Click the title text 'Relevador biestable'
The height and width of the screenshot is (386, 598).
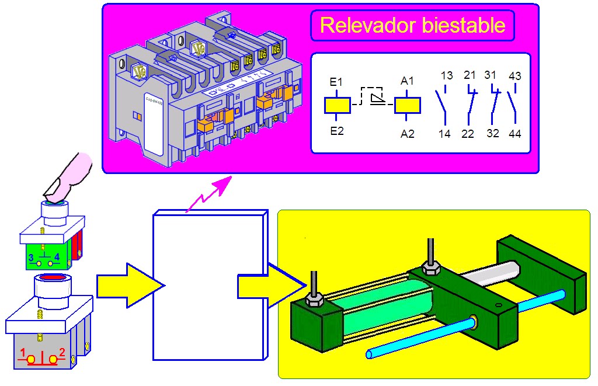[x=412, y=26]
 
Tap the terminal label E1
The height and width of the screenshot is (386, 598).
[x=336, y=82]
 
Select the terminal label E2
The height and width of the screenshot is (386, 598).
[x=337, y=131]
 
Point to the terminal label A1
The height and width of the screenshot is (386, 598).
[x=407, y=82]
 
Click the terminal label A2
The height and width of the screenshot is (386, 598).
[x=407, y=134]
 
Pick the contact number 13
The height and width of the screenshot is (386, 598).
[x=446, y=76]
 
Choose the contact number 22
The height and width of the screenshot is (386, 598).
[x=468, y=134]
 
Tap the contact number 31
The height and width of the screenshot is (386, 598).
[x=490, y=75]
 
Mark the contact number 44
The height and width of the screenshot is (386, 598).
[x=514, y=134]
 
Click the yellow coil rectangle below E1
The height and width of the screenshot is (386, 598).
[x=337, y=105]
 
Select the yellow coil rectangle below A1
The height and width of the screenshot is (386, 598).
[x=407, y=105]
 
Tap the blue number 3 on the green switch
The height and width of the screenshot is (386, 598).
[x=31, y=256]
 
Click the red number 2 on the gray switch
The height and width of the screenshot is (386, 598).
[x=62, y=353]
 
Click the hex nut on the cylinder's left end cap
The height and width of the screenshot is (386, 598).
[x=315, y=299]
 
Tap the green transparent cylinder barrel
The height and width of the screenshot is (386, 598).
[x=380, y=312]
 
